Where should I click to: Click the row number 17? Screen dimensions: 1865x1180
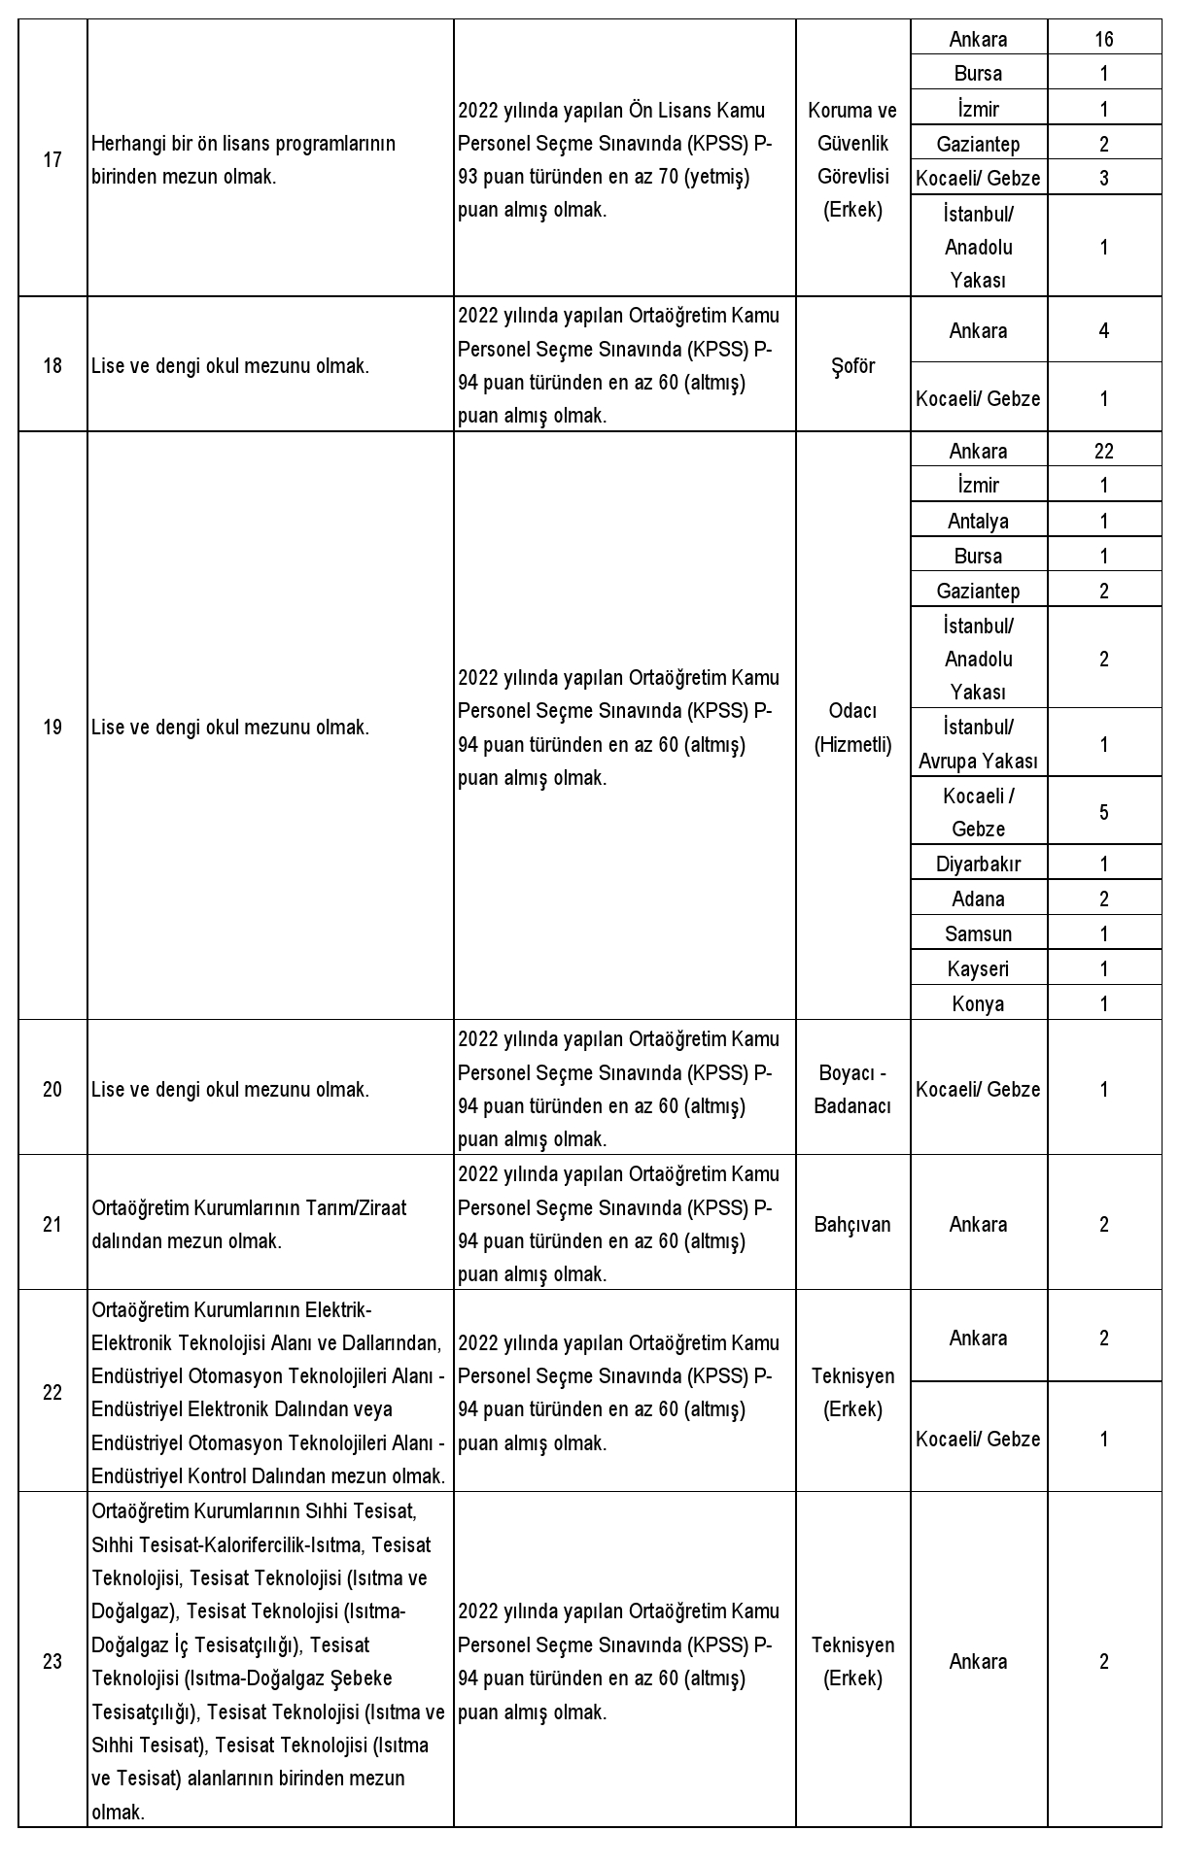pyautogui.click(x=52, y=159)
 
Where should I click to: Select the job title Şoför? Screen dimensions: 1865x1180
pyautogui.click(x=852, y=365)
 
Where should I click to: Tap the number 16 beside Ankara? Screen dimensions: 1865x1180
pyautogui.click(x=1103, y=40)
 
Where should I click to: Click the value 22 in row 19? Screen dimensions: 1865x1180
pyautogui.click(x=1103, y=451)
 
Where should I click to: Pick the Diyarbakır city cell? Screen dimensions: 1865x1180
pyautogui.click(x=978, y=864)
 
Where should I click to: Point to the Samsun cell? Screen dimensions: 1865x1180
pyautogui.click(x=978, y=933)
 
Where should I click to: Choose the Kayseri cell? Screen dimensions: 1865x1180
pyautogui.click(x=978, y=968)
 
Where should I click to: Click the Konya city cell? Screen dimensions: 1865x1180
pyautogui.click(x=978, y=1003)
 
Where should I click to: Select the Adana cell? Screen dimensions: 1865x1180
pyautogui.click(x=978, y=899)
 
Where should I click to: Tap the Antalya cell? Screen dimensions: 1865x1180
pyautogui.click(x=978, y=521)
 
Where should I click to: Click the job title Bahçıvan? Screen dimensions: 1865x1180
pyautogui.click(x=852, y=1224)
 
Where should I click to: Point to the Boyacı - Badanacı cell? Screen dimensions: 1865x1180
pyautogui.click(x=852, y=1089)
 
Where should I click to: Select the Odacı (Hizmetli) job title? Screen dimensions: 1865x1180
pyautogui.click(x=852, y=728)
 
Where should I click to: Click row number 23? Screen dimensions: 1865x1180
pyautogui.click(x=52, y=1661)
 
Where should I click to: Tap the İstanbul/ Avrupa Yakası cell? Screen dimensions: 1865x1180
pyautogui.click(x=978, y=744)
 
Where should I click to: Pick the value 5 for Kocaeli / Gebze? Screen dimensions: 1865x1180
pyautogui.click(x=1103, y=812)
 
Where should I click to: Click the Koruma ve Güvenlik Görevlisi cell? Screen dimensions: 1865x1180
pyautogui.click(x=852, y=159)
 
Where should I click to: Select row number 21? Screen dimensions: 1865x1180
pyautogui.click(x=52, y=1224)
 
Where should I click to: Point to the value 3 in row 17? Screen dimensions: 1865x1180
pyautogui.click(x=1103, y=178)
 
